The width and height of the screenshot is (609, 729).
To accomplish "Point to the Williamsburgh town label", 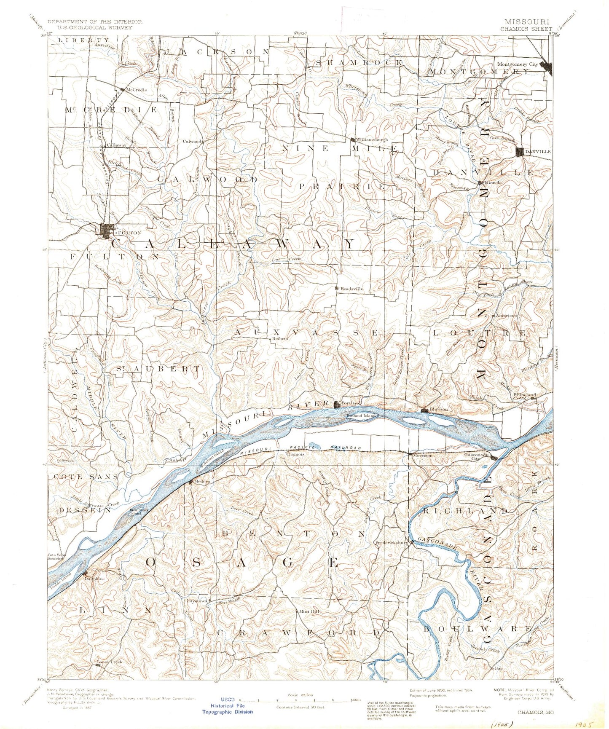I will (371, 139).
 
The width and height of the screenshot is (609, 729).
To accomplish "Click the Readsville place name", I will (352, 289).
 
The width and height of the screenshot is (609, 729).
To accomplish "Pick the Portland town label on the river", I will (351, 403).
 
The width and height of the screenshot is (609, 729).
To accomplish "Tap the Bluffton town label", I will (439, 409).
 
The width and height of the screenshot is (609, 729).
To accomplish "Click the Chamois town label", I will (295, 455).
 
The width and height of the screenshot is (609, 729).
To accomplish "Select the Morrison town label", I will (423, 455).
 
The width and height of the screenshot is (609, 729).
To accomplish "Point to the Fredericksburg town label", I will (392, 543).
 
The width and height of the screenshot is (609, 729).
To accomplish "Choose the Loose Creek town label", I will (110, 662).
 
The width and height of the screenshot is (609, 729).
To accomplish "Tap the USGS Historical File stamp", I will (228, 709).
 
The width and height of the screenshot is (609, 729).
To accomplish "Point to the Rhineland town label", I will (525, 395).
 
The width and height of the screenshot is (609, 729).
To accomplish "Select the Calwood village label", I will (192, 142).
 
